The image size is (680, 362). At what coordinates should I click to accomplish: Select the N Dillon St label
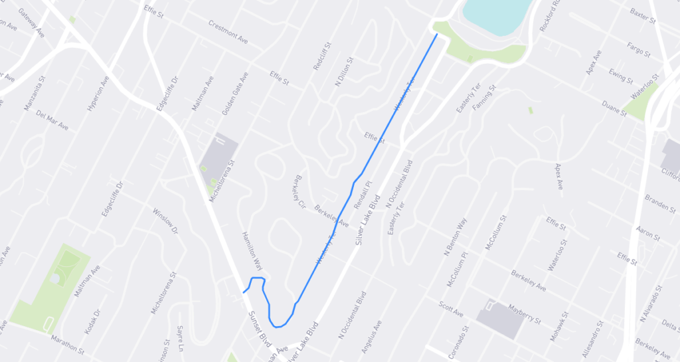(346, 70)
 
